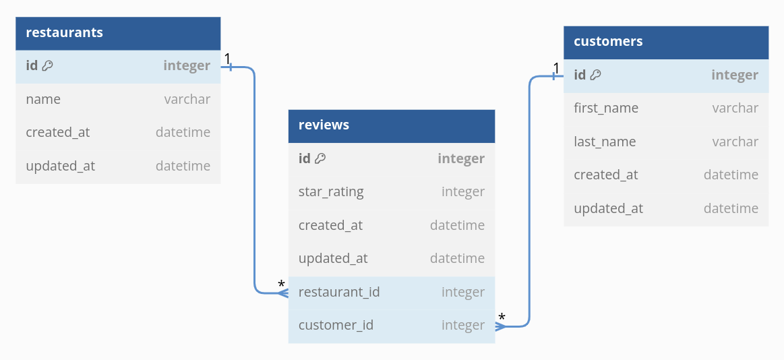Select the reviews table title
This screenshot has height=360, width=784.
point(324,125)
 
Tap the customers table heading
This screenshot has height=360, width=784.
point(608,42)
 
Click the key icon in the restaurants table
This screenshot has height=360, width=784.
point(47,65)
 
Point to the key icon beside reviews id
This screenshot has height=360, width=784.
point(320,158)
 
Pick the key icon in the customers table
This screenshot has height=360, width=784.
point(595,75)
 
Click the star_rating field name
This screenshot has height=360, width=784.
point(331,192)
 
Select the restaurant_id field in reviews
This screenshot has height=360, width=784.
point(339,292)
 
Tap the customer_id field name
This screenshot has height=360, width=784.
point(336,326)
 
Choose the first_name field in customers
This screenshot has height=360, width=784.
point(606,109)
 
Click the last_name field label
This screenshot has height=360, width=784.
point(605,142)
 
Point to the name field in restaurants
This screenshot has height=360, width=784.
point(43,100)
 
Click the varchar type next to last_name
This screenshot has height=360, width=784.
point(735,142)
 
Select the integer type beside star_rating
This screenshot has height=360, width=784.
point(463,192)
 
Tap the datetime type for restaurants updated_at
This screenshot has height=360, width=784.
point(183,166)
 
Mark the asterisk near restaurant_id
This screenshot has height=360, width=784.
point(282,284)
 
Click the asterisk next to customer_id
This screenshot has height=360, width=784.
point(502,318)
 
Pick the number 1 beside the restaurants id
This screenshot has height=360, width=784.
point(227,59)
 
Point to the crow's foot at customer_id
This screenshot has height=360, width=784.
point(500,326)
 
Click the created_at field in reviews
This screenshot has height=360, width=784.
point(330,225)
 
